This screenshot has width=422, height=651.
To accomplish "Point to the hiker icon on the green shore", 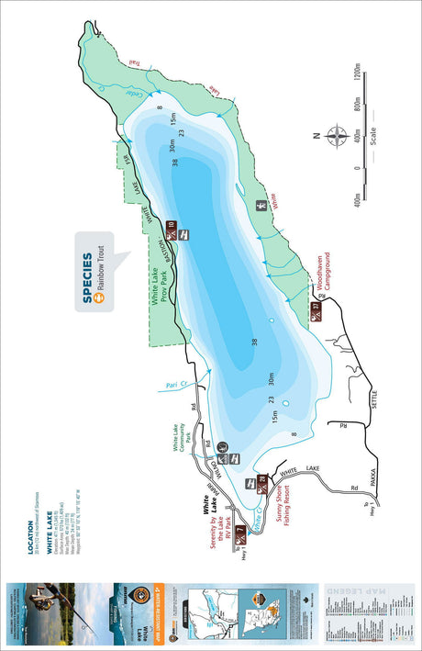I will click(x=261, y=206).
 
